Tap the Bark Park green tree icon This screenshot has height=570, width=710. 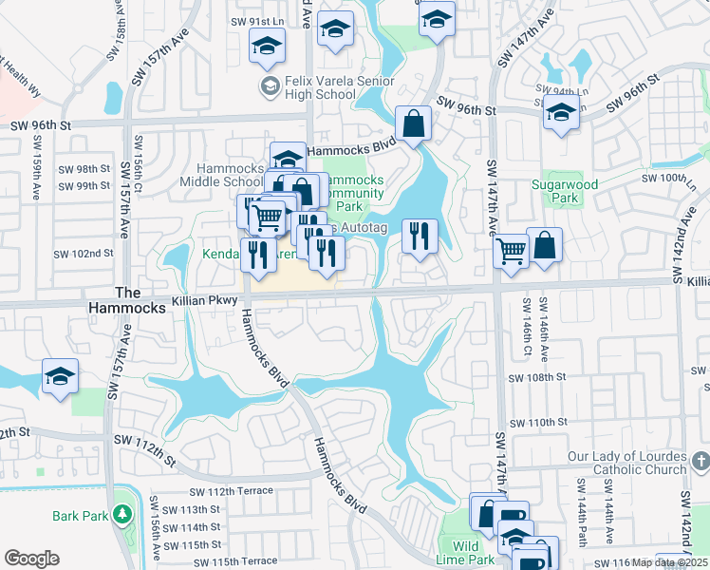(122, 515)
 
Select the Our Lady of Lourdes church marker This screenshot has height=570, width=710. (701, 463)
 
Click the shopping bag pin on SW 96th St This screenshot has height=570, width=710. (414, 123)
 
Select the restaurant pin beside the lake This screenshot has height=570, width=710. (420, 236)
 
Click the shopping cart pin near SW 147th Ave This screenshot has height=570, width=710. (511, 253)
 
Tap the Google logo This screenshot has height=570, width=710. (31, 559)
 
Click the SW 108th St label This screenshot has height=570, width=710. (537, 377)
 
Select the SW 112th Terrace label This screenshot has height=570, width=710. (232, 491)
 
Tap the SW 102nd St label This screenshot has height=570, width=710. (84, 254)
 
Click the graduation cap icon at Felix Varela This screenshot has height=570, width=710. (271, 87)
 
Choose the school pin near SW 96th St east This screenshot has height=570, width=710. (561, 114)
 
